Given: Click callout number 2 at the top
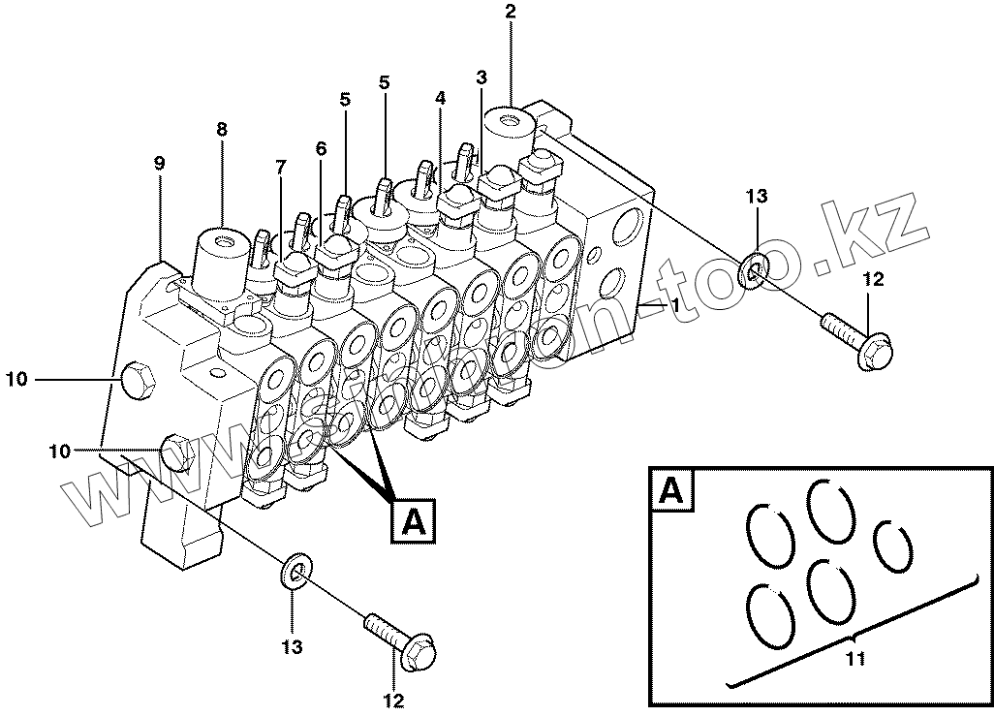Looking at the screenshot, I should (x=511, y=13).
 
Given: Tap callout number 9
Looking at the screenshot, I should (x=159, y=164).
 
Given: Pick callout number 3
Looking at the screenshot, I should (x=481, y=78).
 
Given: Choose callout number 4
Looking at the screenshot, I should (x=441, y=98).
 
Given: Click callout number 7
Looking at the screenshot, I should (x=281, y=167).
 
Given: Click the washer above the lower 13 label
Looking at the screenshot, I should (x=295, y=572).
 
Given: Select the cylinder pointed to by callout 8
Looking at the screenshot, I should (x=221, y=260).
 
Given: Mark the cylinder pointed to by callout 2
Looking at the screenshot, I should (x=511, y=136).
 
